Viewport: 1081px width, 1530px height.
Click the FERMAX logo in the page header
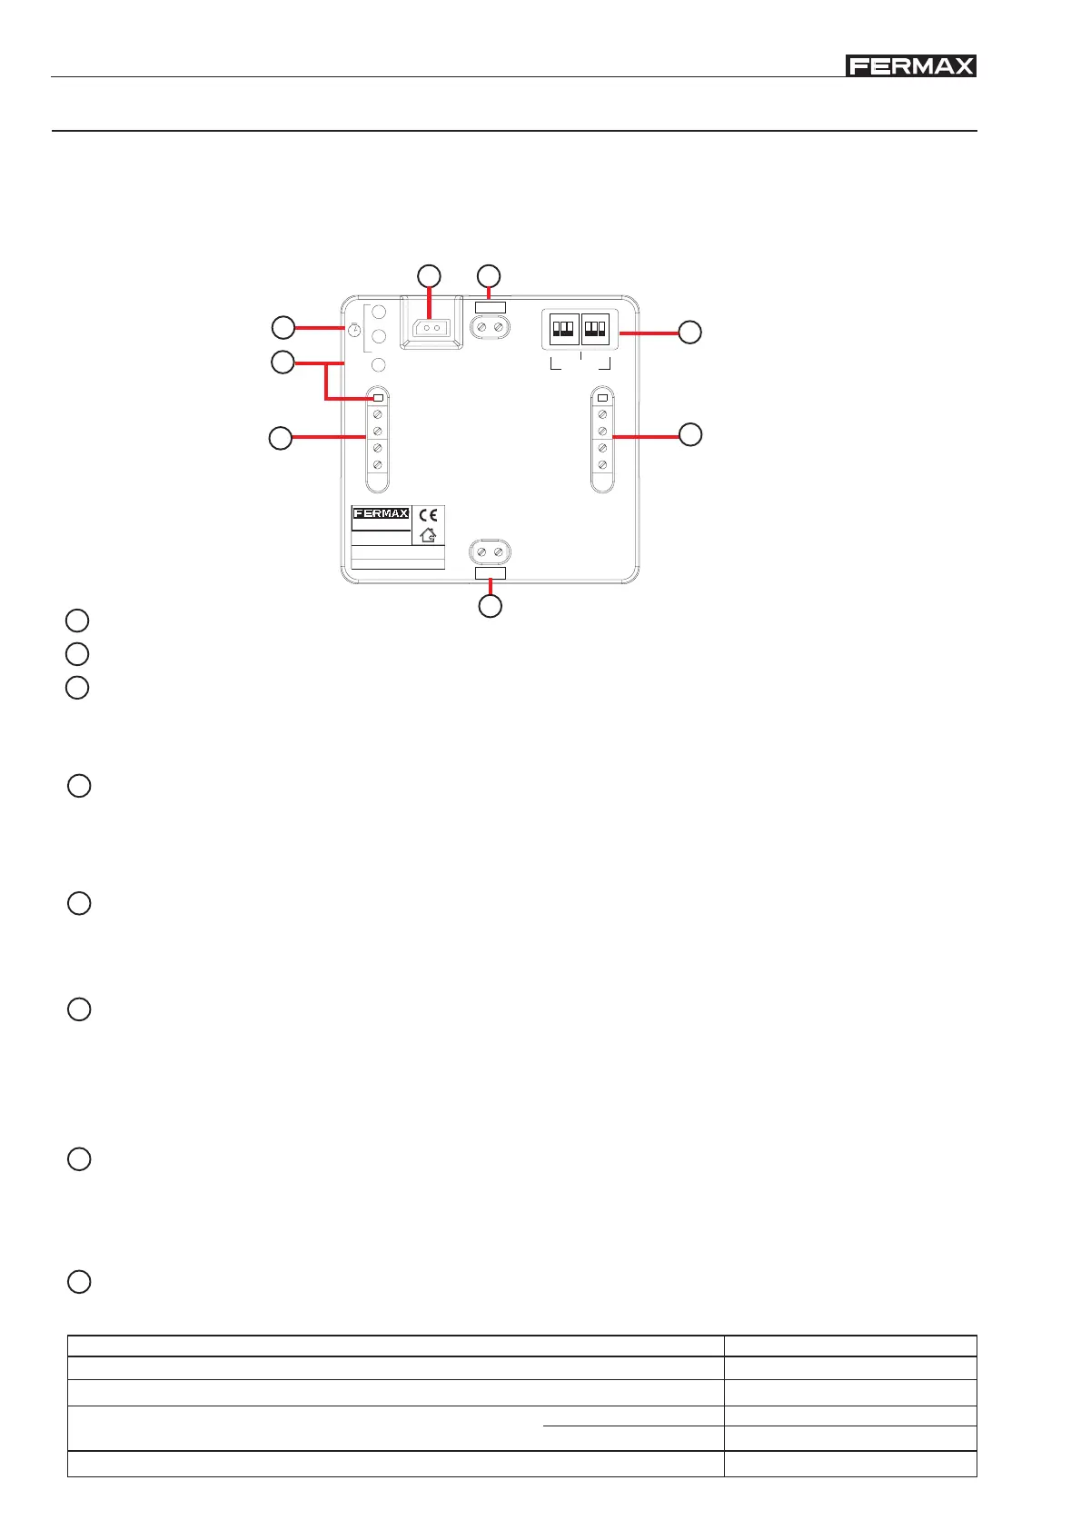pyautogui.click(x=911, y=66)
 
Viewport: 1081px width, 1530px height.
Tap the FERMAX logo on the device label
pyautogui.click(x=381, y=514)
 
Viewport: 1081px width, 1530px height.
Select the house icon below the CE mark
pyautogui.click(x=429, y=536)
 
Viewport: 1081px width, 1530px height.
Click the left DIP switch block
pyautogui.click(x=564, y=327)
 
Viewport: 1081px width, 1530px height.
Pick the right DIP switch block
pyautogui.click(x=595, y=327)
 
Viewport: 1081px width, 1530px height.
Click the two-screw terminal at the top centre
pyautogui.click(x=490, y=326)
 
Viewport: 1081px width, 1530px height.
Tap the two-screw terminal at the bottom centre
pyautogui.click(x=490, y=552)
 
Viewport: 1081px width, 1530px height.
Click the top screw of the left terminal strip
pyautogui.click(x=378, y=414)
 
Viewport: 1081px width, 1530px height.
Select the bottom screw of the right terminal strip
pyautogui.click(x=602, y=464)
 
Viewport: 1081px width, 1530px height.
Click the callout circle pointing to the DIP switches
pyautogui.click(x=690, y=332)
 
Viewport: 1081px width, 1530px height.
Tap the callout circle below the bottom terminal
pyautogui.click(x=490, y=607)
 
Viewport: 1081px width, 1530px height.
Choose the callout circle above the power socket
pyautogui.click(x=429, y=275)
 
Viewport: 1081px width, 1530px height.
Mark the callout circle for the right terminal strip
pyautogui.click(x=690, y=434)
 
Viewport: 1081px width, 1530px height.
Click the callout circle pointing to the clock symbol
pyautogui.click(x=283, y=327)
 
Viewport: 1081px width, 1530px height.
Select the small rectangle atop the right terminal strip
pyautogui.click(x=602, y=398)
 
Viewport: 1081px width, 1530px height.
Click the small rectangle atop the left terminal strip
pyautogui.click(x=379, y=398)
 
